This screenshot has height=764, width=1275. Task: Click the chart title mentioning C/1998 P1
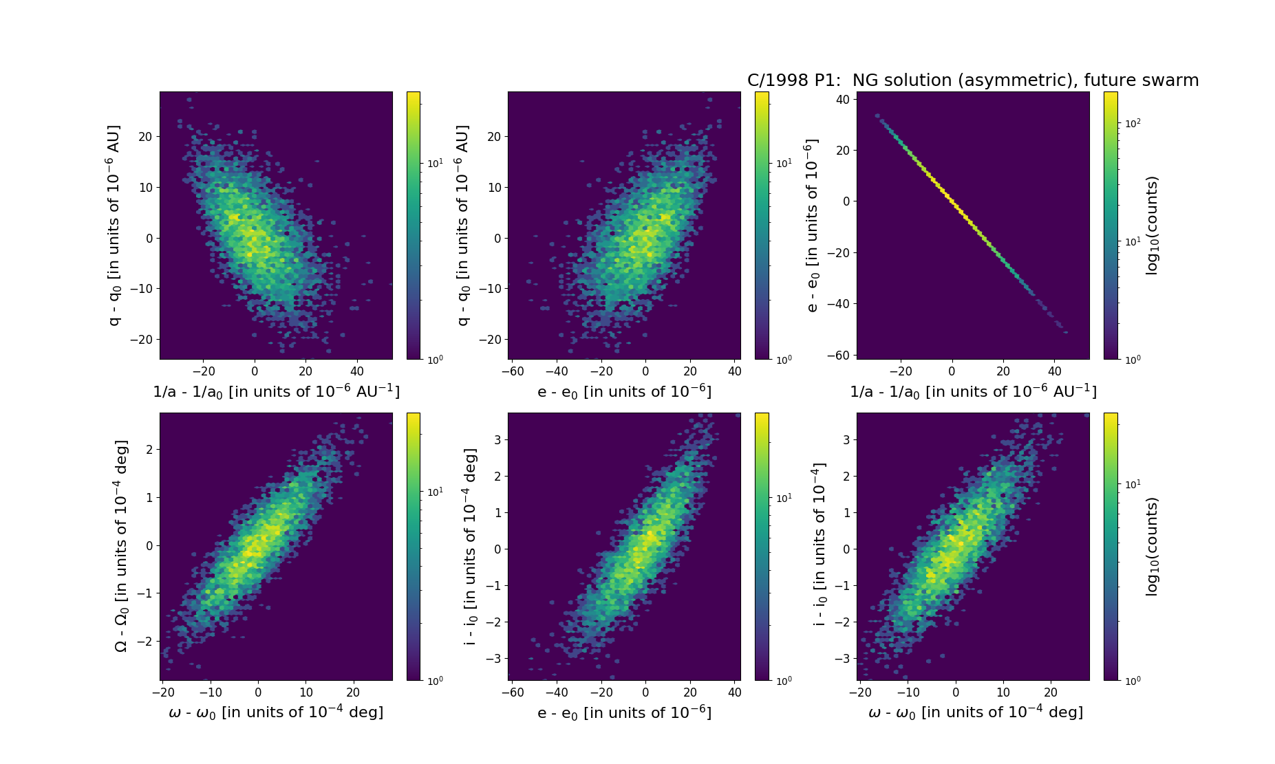click(x=973, y=80)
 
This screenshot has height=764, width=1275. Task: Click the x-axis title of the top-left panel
click(x=276, y=391)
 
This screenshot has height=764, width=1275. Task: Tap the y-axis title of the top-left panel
click(x=114, y=225)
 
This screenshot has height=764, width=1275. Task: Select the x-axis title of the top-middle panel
click(x=624, y=391)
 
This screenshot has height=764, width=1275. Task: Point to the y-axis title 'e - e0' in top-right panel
click(x=812, y=225)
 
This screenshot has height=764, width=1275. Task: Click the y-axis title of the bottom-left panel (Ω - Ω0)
click(x=120, y=546)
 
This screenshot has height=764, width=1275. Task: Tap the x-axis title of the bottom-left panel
click(x=276, y=712)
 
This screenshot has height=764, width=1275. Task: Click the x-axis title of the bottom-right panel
click(x=975, y=712)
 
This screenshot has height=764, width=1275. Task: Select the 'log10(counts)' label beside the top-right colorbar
click(x=1152, y=226)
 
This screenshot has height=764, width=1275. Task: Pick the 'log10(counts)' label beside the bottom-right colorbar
click(x=1152, y=546)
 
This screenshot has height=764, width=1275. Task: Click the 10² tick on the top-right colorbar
click(x=1132, y=123)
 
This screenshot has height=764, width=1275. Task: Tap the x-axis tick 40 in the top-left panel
click(x=357, y=371)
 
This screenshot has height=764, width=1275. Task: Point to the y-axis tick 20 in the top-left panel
click(x=144, y=137)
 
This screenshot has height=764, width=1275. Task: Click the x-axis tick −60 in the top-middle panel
click(x=513, y=371)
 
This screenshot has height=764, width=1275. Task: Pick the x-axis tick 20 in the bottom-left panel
click(x=353, y=692)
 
